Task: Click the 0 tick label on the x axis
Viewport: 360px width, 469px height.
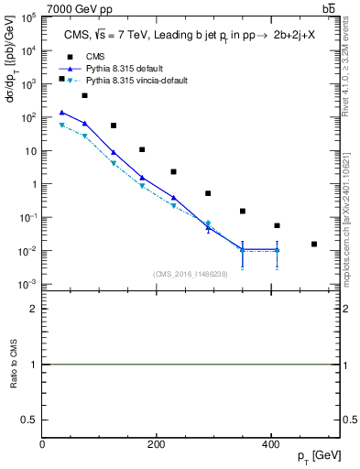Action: coord(42,444)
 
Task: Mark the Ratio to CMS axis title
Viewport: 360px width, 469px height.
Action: coord(13,365)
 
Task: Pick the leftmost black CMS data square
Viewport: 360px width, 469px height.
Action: coord(61,79)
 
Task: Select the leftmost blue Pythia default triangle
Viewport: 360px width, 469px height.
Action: coord(61,113)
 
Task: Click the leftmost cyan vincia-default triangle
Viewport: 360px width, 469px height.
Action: coord(61,125)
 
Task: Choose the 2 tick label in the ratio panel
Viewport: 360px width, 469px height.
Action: coord(33,309)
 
